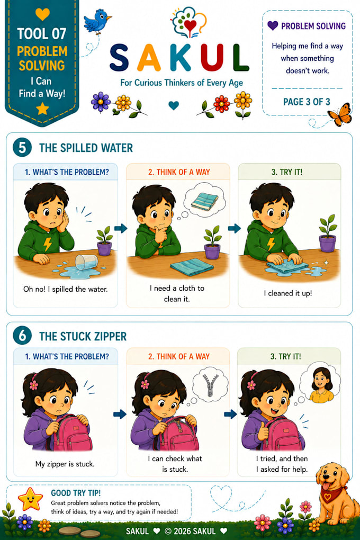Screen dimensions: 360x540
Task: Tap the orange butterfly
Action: pyautogui.click(x=340, y=115)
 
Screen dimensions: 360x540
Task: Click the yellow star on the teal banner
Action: pyautogui.click(x=42, y=109)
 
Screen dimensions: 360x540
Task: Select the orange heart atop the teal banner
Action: pyautogui.click(x=42, y=14)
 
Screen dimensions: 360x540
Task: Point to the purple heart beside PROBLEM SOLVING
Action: pyautogui.click(x=273, y=25)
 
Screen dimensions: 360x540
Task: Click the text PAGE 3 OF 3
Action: pyautogui.click(x=307, y=102)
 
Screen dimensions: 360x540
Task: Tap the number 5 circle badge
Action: pyautogui.click(x=22, y=147)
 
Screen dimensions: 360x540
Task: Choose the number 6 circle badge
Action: pyautogui.click(x=22, y=336)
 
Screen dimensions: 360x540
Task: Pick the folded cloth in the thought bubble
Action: pyautogui.click(x=205, y=201)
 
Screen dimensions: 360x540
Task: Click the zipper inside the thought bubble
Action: pyautogui.click(x=210, y=385)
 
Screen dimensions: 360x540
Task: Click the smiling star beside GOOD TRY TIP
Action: pyautogui.click(x=30, y=499)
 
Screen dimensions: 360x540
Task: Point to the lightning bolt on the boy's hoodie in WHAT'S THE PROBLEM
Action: pyautogui.click(x=48, y=244)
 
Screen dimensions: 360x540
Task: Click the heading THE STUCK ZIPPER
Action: pyautogui.click(x=83, y=336)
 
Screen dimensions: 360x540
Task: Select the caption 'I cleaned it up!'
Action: pyautogui.click(x=288, y=293)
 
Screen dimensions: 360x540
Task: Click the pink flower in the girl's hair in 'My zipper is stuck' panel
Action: pyautogui.click(x=34, y=385)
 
